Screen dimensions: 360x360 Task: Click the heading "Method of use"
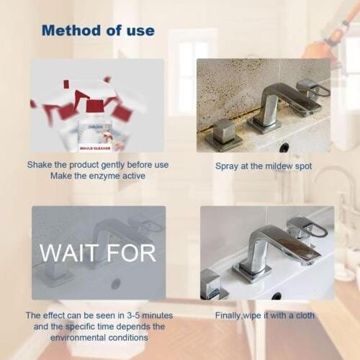click(98, 30)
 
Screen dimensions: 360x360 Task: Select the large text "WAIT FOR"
click(98, 253)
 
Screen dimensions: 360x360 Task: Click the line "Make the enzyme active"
click(98, 176)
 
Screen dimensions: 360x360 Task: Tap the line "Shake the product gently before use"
click(98, 165)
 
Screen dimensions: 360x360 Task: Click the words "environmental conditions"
click(98, 337)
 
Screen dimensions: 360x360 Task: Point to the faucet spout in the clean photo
click(277, 245)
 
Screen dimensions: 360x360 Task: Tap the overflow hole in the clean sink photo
click(276, 295)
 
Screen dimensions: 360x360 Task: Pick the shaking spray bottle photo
click(98, 105)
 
